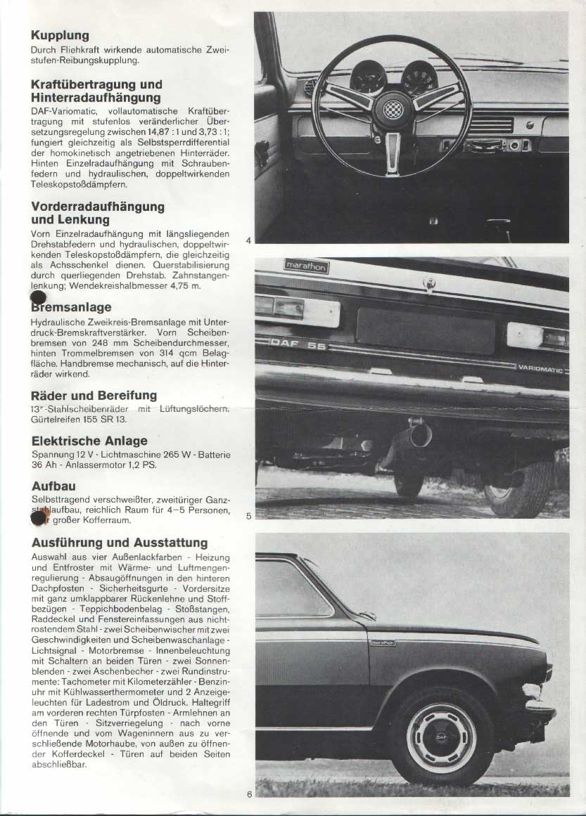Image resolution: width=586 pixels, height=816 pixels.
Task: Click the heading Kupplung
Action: (60, 35)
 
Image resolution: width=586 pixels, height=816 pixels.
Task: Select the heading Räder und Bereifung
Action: (94, 396)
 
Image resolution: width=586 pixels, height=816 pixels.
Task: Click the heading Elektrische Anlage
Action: (89, 441)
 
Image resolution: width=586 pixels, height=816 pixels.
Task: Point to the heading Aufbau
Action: (53, 486)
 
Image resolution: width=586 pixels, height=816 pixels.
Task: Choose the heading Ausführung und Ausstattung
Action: (120, 543)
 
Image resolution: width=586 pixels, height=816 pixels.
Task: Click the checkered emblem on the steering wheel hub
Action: (391, 109)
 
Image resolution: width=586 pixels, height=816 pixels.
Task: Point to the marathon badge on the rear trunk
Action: (306, 266)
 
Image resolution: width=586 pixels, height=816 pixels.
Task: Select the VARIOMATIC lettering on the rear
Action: (542, 367)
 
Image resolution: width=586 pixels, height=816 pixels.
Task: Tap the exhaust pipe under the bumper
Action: (419, 435)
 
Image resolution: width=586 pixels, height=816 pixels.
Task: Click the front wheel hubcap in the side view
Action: (442, 737)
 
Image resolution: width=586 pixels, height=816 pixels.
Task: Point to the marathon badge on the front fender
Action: (383, 642)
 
